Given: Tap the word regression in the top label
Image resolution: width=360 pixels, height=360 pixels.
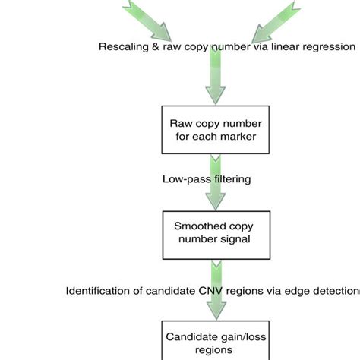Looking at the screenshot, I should (329, 47).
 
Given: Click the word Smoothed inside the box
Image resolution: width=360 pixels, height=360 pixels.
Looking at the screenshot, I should (200, 226).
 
